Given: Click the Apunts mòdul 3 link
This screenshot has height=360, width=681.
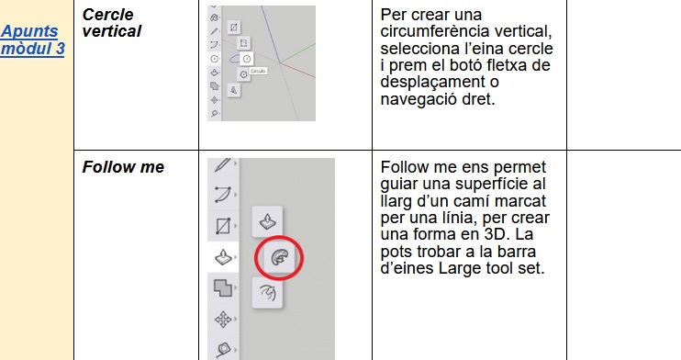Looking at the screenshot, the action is (x=32, y=39).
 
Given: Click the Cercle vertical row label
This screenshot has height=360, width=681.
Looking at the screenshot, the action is (x=112, y=23).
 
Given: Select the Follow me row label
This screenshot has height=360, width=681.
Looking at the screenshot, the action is (x=123, y=167).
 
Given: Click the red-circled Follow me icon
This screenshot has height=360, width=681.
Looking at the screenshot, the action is (x=279, y=257).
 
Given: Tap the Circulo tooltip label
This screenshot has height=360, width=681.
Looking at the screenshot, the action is (x=258, y=71).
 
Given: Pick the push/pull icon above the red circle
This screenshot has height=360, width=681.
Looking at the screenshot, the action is (x=267, y=221).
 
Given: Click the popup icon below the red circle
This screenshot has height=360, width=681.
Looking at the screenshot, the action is (x=267, y=293).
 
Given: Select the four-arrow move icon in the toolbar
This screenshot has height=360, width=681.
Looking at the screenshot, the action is (x=223, y=320).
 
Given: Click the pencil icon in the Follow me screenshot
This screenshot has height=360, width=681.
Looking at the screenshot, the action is (x=223, y=164).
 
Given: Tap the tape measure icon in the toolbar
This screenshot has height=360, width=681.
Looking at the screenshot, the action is (x=223, y=350).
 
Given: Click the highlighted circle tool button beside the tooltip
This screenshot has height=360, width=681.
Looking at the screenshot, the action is (x=247, y=59).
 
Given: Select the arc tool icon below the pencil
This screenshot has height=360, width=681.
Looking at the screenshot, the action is (x=223, y=195).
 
